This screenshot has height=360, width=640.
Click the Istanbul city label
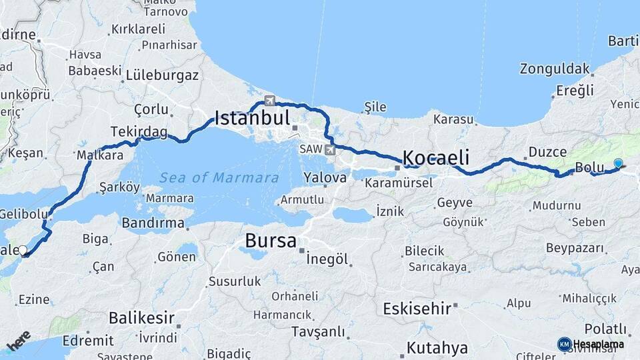tap(252, 119)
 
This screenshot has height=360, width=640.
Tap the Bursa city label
tap(271, 241)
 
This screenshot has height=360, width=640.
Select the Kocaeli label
tap(436, 158)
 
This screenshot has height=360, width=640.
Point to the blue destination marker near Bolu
tap(618, 164)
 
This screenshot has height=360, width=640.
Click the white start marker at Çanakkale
tap(23, 251)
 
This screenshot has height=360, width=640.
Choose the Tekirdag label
tap(139, 132)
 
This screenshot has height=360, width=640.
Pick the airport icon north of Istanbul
tap(269, 101)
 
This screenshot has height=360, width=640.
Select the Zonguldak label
tap(555, 69)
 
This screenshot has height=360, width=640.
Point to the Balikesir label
tap(141, 317)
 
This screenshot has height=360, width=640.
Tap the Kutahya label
tap(437, 348)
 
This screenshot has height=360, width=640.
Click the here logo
tap(19, 341)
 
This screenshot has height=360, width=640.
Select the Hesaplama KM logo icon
tap(564, 344)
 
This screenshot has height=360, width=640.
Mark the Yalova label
tap(325, 178)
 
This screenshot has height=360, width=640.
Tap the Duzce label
tap(547, 152)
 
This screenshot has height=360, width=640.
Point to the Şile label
tap(375, 107)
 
